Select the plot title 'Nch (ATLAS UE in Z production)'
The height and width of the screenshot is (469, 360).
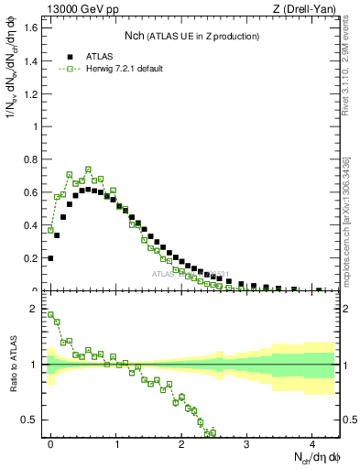192,36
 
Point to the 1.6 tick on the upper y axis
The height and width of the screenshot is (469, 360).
31,27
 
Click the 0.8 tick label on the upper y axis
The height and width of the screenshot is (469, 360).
31,159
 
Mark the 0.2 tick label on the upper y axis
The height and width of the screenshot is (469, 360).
31,258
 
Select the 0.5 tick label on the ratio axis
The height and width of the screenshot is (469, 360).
31,420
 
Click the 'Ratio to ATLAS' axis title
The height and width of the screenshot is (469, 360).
14,365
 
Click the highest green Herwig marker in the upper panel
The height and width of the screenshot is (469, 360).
89,169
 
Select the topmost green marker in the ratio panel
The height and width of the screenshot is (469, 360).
50,315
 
